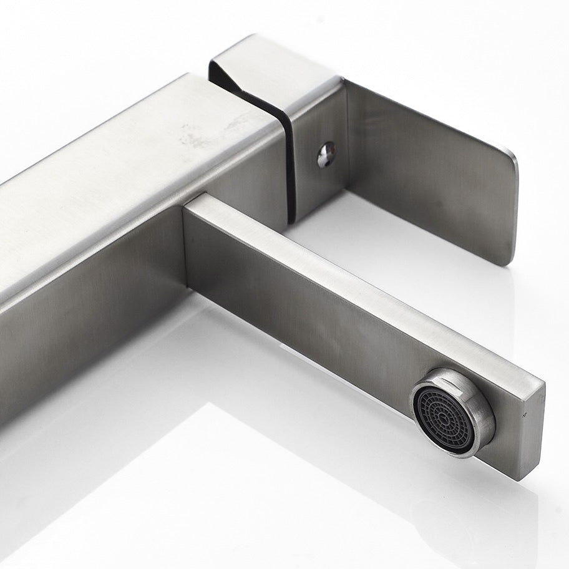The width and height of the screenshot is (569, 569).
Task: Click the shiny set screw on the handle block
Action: coord(326,154)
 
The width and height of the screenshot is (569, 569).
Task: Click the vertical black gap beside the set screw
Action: coord(290,168)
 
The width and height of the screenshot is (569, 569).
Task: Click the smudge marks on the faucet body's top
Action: coord(200,134)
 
